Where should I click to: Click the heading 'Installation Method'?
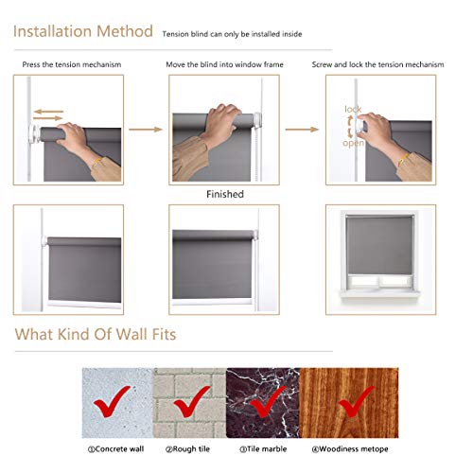tap(82, 31)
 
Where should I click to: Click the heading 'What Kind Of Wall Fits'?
tap(95, 334)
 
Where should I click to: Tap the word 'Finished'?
tap(224, 194)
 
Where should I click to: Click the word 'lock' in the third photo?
tap(353, 110)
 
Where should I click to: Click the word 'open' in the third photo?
tap(353, 144)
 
